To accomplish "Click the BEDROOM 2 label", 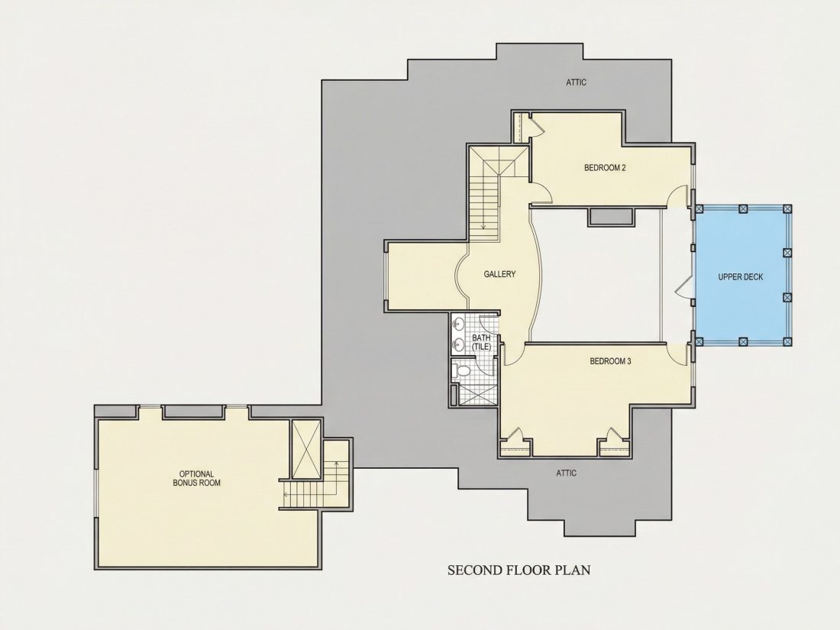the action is coord(605,168).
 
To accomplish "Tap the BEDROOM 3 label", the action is coord(610,361).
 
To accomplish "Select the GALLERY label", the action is coord(499,273).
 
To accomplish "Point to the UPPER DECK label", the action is coord(741,277).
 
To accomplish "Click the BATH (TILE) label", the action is coord(481,342).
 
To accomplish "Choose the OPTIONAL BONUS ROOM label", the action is coord(196,478).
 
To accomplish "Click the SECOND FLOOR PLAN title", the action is coord(519,570).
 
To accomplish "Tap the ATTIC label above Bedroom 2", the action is coord(576,82).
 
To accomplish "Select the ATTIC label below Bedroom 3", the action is coord(567,473).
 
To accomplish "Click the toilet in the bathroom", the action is coord(461,370).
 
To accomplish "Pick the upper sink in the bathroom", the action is coord(459,325).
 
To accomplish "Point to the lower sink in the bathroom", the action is coord(459,344).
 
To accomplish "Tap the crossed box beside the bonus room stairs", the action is coord(306,448).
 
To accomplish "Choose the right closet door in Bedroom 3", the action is coord(615,435).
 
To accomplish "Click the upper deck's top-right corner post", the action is coord(787,209).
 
